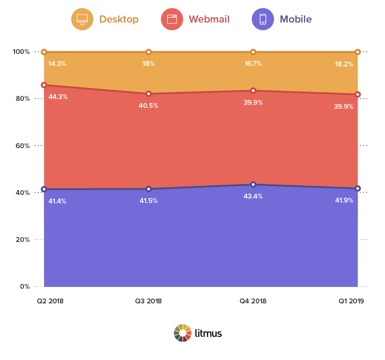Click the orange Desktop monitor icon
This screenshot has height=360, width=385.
(x=82, y=19)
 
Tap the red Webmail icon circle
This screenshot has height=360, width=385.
(x=172, y=19)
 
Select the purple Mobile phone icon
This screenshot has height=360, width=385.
(x=263, y=19)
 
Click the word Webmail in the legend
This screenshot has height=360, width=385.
(x=209, y=19)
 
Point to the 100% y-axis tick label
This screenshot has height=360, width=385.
(x=21, y=52)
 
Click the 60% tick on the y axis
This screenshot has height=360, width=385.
(x=23, y=146)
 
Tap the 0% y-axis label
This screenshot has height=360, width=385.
(x=25, y=287)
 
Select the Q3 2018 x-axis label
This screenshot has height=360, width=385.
(x=148, y=301)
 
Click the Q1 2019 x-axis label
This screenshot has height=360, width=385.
(x=351, y=301)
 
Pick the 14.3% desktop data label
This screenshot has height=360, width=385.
(x=57, y=64)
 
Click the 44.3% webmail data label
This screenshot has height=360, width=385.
(x=58, y=97)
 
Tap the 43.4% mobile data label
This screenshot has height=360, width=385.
(x=253, y=196)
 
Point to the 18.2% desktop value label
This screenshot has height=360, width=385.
(x=344, y=64)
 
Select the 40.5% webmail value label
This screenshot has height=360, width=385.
(x=149, y=106)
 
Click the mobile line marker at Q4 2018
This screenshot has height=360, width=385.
(x=253, y=184)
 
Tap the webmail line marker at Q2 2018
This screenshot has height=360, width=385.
(x=44, y=85)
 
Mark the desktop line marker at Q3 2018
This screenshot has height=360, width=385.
(x=149, y=52)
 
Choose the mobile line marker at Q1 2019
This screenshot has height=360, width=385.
(x=358, y=188)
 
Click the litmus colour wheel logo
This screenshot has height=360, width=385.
(x=182, y=333)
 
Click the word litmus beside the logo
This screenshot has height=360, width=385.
(x=208, y=333)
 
